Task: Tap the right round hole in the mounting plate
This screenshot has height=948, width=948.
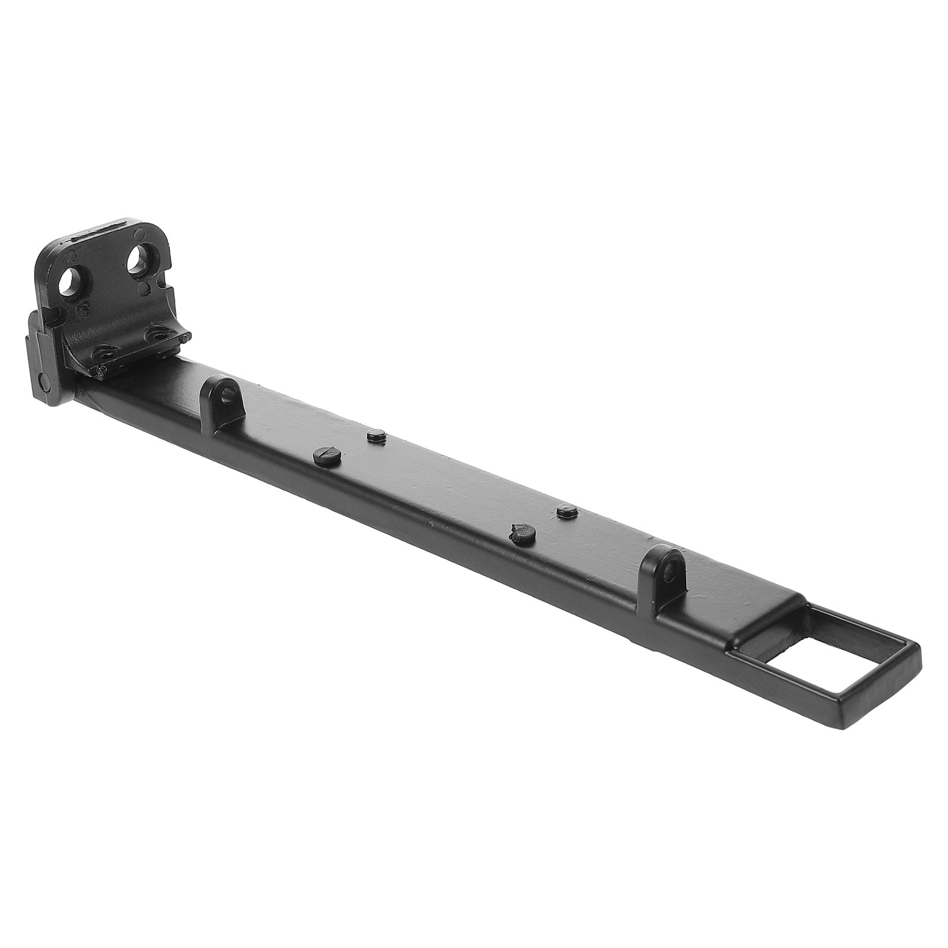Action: pos(140,259)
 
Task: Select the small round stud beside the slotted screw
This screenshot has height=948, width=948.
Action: pos(376,437)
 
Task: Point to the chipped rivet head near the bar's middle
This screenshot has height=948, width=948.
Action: pos(523,534)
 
